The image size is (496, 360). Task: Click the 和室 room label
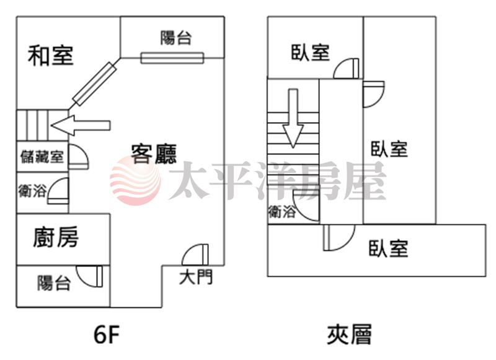pyautogui.click(x=51, y=56)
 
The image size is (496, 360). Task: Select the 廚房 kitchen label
pyautogui.click(x=56, y=237)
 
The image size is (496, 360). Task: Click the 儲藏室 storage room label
pyautogui.click(x=42, y=156)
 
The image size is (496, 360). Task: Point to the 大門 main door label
pyautogui.click(x=196, y=277)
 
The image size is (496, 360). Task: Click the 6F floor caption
pyautogui.click(x=106, y=335)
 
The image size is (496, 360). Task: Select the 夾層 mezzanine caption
pyautogui.click(x=349, y=335)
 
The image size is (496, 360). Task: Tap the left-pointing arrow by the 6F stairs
pyautogui.click(x=81, y=125)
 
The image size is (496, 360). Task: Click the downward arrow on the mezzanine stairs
pyautogui.click(x=293, y=118)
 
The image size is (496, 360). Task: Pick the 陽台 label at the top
pyautogui.click(x=176, y=38)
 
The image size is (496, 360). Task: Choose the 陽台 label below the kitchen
pyautogui.click(x=54, y=283)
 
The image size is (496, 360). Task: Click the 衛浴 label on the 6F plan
pyautogui.click(x=32, y=191)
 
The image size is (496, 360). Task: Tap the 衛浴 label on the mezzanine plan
pyautogui.click(x=282, y=212)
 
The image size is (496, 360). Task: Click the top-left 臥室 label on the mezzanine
pyautogui.click(x=310, y=53)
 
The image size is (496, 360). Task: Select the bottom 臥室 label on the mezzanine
pyautogui.click(x=389, y=249)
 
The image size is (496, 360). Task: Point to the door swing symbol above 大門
pyautogui.click(x=197, y=255)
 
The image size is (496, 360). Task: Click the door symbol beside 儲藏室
pyautogui.click(x=77, y=156)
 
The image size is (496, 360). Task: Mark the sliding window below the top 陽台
pyautogui.click(x=172, y=58)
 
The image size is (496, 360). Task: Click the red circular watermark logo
pyautogui.click(x=135, y=180)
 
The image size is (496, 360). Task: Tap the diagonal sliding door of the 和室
pyautogui.click(x=94, y=83)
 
